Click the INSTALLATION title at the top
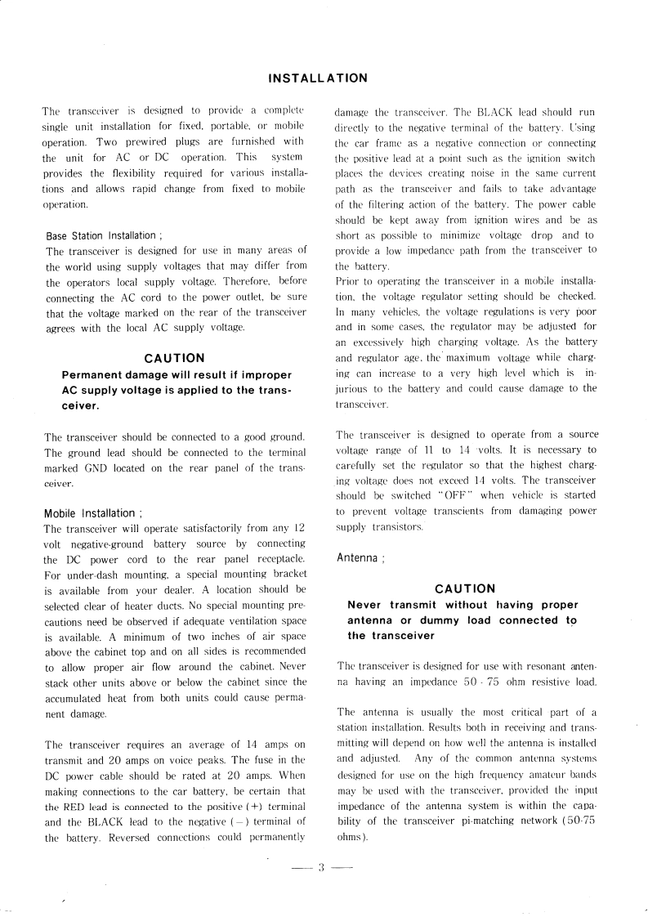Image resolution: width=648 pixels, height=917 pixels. [318, 78]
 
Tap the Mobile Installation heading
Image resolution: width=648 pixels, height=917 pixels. [93, 513]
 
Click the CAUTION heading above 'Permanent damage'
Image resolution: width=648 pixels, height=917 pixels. [174, 358]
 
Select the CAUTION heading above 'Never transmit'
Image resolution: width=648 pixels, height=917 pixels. [465, 588]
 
